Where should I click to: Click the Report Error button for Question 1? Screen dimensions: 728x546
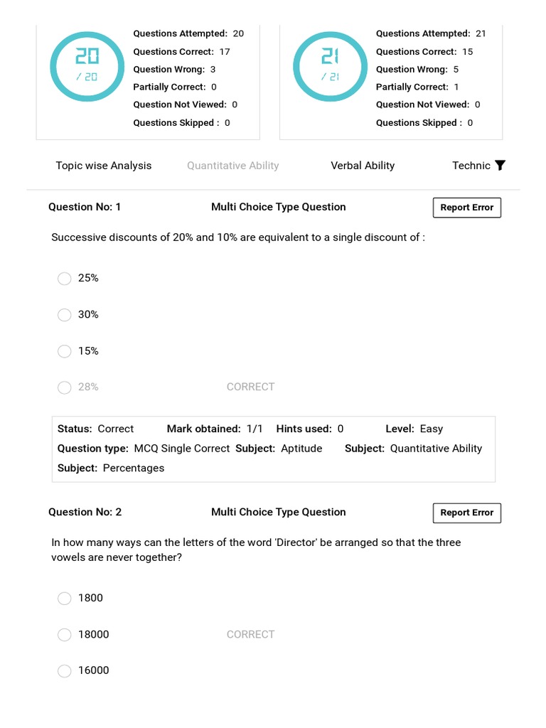coord(466,208)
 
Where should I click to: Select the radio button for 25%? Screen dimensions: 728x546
coord(65,279)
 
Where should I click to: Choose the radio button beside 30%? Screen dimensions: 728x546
coord(65,315)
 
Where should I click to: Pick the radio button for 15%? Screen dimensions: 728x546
coord(65,351)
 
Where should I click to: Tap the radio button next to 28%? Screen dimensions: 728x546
coord(65,387)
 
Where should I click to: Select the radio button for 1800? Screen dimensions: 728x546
coord(65,599)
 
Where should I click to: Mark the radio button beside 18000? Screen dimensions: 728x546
coord(65,635)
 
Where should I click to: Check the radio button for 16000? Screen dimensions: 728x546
coord(65,671)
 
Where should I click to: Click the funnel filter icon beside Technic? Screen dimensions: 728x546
coord(500,166)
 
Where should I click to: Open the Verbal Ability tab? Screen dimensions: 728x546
coord(363,166)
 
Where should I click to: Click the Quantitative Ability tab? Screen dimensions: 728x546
coord(232,166)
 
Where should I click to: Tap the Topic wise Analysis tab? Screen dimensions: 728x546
coord(104,166)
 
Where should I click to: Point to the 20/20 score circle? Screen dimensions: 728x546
coord(87,65)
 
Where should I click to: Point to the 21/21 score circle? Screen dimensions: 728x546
coord(330,65)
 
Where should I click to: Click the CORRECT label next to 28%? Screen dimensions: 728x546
coord(250,387)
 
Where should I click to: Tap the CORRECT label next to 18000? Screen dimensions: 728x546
coord(250,634)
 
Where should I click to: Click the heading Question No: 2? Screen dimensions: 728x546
coord(85,512)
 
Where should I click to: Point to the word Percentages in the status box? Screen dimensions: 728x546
coord(134,468)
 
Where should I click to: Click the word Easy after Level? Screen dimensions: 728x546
coord(432,429)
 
